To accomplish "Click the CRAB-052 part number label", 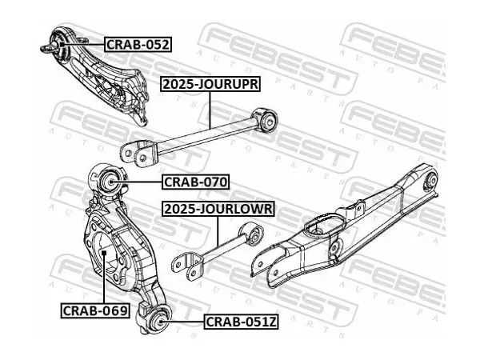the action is coord(138,45).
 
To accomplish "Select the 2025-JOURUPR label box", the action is coord(210,84).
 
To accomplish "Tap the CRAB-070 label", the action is coord(196,182).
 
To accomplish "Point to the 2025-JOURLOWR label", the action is coord(218,209).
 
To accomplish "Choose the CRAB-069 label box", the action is coord(95,310).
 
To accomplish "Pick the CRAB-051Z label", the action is coord(242,322).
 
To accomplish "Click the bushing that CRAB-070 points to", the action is coord(110,182).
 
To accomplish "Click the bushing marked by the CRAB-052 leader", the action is coord(59,45).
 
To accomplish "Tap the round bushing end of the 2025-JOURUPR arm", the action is coord(267,119).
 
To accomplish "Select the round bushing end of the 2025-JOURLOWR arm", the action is coord(253,234).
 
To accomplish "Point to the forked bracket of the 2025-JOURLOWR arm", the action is coord(188,266).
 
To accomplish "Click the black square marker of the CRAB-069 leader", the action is coord(104,253).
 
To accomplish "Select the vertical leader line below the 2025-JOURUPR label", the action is coord(210,110).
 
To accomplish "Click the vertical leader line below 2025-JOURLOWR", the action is coord(218,231).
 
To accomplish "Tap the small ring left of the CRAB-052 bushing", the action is coord(46,48).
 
